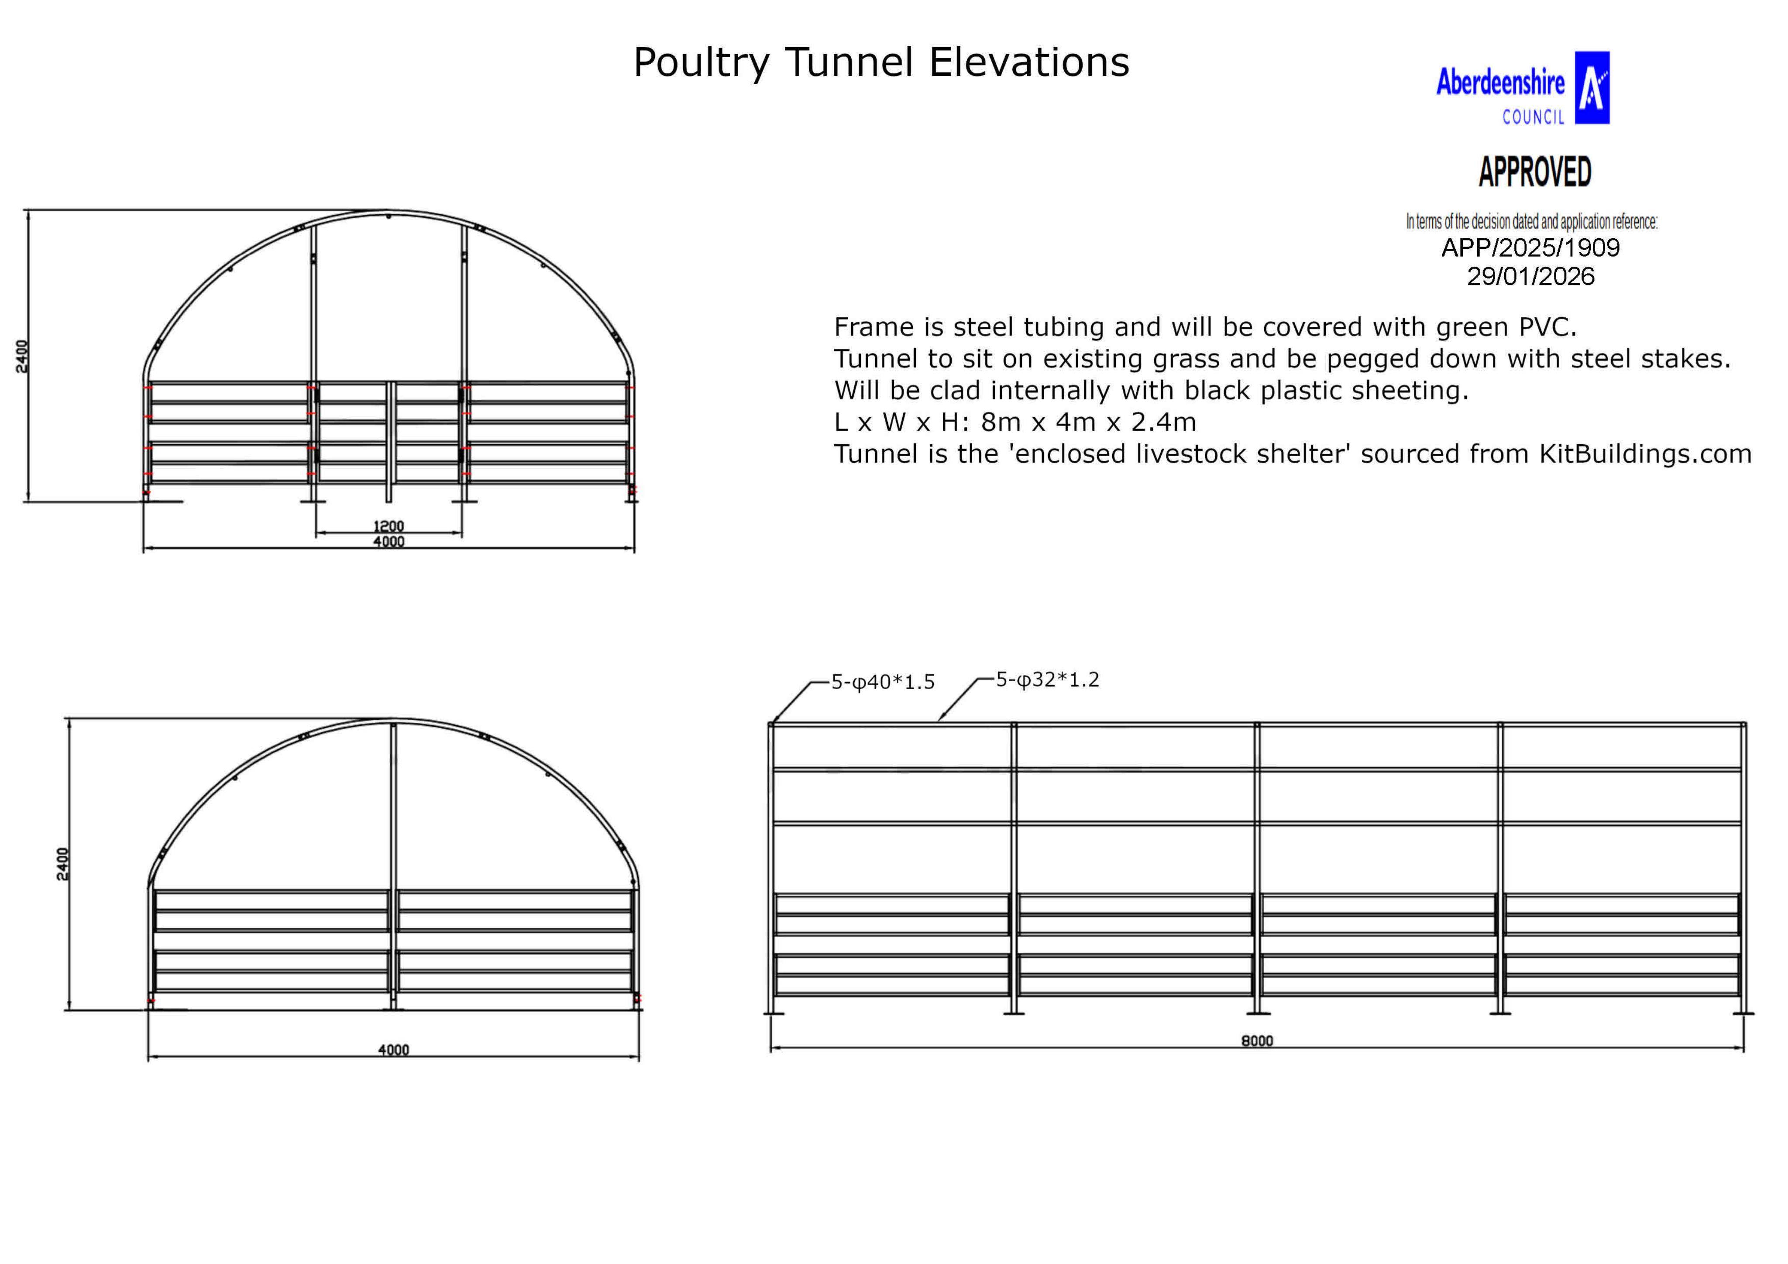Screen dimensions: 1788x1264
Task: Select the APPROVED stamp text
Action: point(1534,172)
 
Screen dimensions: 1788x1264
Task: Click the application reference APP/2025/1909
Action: point(1530,247)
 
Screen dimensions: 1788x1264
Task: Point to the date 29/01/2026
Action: point(1530,276)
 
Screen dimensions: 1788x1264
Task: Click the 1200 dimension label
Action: point(389,526)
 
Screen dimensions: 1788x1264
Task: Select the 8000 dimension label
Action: point(1257,1041)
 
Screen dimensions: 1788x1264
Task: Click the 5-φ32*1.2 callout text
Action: point(1047,680)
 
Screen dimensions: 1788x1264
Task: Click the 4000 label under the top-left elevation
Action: point(389,541)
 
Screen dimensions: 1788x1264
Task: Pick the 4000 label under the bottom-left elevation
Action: point(393,1050)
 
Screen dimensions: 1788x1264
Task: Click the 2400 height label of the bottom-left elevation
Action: point(63,864)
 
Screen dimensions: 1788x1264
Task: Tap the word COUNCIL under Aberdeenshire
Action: point(1533,117)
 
